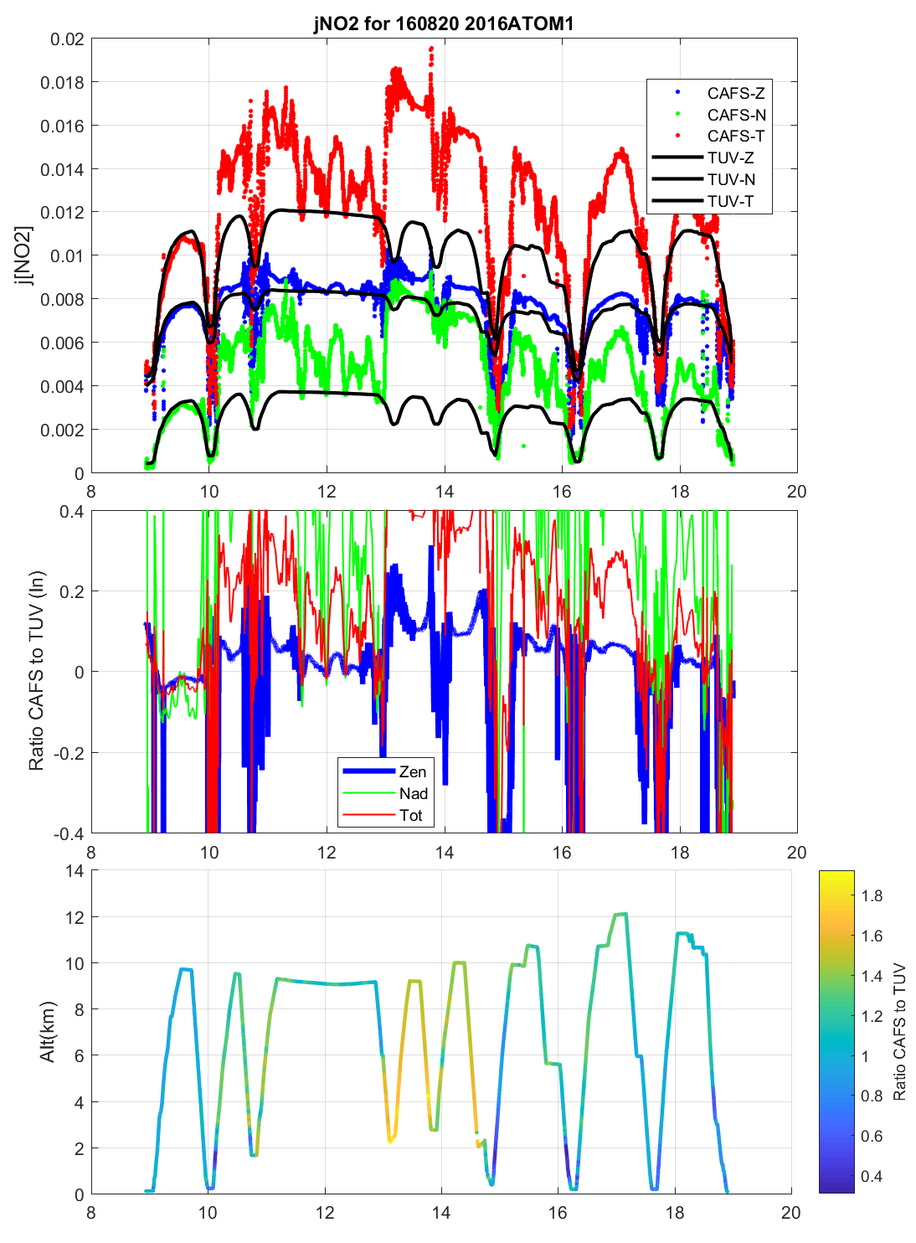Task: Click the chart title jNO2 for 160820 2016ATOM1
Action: point(444,23)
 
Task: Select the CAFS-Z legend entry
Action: point(735,93)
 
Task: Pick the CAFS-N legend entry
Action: point(736,115)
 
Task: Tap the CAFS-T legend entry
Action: point(735,136)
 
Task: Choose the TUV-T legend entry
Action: point(730,201)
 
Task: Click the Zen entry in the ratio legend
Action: point(412,771)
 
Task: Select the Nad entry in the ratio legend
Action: point(413,793)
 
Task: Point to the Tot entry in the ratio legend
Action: point(410,815)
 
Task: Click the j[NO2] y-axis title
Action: point(24,255)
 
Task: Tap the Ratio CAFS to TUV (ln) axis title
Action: point(36,671)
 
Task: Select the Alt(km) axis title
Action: point(47,1031)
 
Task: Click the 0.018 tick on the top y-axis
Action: point(62,82)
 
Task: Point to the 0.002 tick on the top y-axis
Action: point(62,430)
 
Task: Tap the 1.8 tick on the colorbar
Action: point(872,895)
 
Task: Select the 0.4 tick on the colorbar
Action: point(872,1176)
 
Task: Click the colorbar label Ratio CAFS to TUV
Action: point(899,1031)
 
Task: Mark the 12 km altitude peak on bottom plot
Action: point(620,914)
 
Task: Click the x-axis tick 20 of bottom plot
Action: point(790,1213)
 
